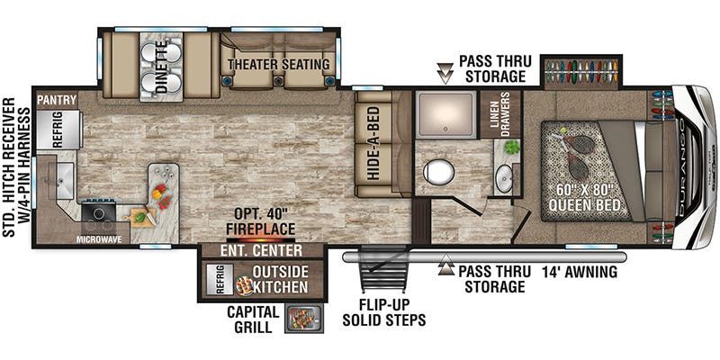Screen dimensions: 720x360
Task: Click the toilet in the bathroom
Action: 438,172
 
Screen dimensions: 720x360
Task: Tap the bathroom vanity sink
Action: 504,179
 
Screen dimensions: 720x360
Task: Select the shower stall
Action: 445,114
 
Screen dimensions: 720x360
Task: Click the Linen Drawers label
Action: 499,114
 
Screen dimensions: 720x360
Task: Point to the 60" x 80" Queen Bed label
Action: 584,197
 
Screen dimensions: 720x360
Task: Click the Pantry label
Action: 57,100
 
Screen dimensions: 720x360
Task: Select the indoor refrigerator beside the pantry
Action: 59,130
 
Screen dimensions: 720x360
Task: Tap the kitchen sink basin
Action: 63,181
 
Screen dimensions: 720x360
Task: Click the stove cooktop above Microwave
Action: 98,213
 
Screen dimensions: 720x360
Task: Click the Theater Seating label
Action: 279,64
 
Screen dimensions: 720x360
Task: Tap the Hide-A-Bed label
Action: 373,143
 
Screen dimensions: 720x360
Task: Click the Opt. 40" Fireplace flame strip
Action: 260,239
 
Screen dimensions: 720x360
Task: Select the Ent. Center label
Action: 261,251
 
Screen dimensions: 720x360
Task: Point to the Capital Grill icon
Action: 304,319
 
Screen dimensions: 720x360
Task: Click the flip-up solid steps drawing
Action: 383,268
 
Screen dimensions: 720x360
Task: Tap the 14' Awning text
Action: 579,273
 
